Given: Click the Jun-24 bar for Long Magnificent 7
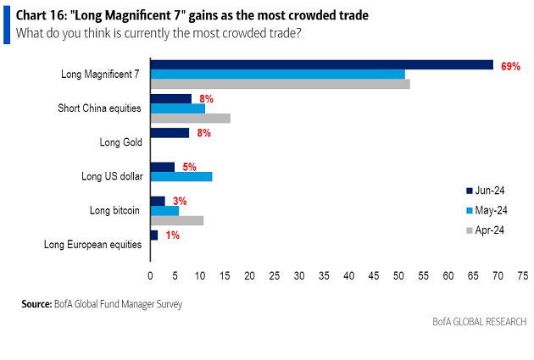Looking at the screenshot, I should [x=321, y=65].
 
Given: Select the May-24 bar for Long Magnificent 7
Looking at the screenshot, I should [x=277, y=75].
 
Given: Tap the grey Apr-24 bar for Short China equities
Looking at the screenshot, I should [x=190, y=118].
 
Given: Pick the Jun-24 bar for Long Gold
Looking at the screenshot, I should [x=170, y=133].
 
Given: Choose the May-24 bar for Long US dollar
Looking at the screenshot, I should [x=181, y=176].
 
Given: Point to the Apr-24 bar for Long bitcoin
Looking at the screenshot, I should [x=176, y=220].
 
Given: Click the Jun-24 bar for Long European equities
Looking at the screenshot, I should [x=153, y=235].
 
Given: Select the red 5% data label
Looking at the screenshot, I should [x=189, y=167].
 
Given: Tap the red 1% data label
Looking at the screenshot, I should [x=172, y=235].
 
